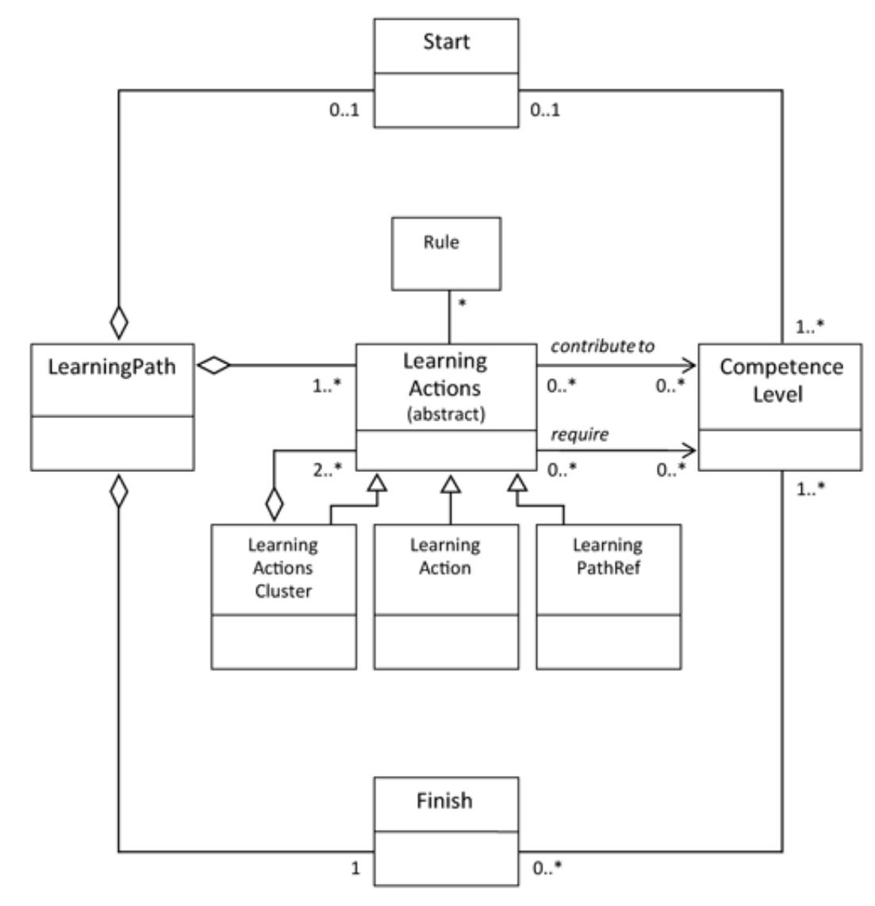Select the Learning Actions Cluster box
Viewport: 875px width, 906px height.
pyautogui.click(x=283, y=595)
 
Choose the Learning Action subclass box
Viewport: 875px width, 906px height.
pyautogui.click(x=445, y=595)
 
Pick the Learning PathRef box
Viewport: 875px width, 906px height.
pyautogui.click(x=608, y=595)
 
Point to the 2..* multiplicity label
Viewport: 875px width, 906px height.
pyautogui.click(x=327, y=469)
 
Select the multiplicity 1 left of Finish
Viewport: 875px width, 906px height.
pyautogui.click(x=355, y=868)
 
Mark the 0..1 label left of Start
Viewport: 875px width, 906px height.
pyautogui.click(x=344, y=109)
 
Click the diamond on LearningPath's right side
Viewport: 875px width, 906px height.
pyautogui.click(x=213, y=366)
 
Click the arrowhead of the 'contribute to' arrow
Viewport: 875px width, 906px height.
pyautogui.click(x=689, y=366)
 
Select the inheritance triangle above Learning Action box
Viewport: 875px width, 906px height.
pyautogui.click(x=451, y=482)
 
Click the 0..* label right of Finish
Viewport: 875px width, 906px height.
pyautogui.click(x=547, y=868)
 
